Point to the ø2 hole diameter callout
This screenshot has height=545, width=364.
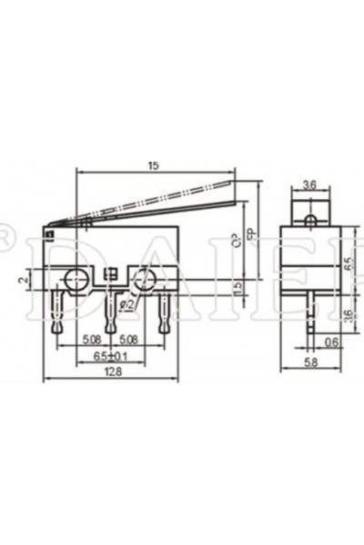tap(127, 305)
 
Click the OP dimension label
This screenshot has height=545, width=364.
tap(237, 242)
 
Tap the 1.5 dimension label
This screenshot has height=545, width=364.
tap(237, 288)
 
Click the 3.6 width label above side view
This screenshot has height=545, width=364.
tap(309, 185)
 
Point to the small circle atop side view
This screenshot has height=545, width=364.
tap(309, 220)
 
